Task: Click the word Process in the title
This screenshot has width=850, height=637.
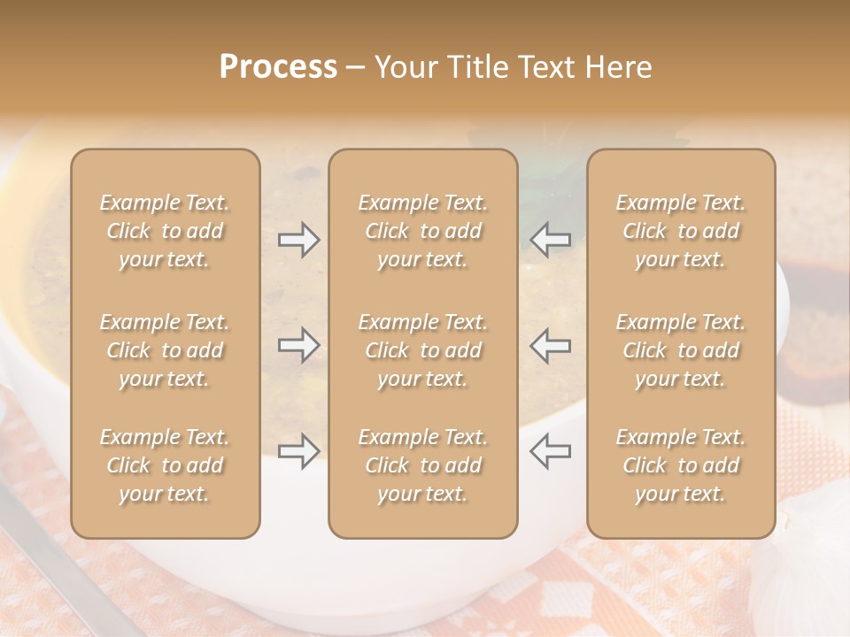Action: point(278,67)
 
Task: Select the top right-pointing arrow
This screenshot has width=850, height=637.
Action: point(298,239)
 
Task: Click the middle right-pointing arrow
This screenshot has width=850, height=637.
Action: point(298,344)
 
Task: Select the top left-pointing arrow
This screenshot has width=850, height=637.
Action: point(550,239)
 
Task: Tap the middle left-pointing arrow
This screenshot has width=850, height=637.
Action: point(550,344)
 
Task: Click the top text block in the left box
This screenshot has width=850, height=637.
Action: point(165,231)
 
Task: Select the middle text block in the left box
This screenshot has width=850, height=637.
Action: point(165,350)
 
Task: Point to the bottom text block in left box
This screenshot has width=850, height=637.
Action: point(165,465)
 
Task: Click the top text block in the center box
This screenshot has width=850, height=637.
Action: point(423,231)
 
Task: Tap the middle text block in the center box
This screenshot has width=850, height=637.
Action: point(423,350)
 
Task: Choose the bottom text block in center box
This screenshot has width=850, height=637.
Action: point(423,465)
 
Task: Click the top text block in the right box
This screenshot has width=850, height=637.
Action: point(681,231)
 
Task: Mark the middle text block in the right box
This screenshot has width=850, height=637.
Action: point(681,350)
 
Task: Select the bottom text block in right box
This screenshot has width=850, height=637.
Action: point(681,465)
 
